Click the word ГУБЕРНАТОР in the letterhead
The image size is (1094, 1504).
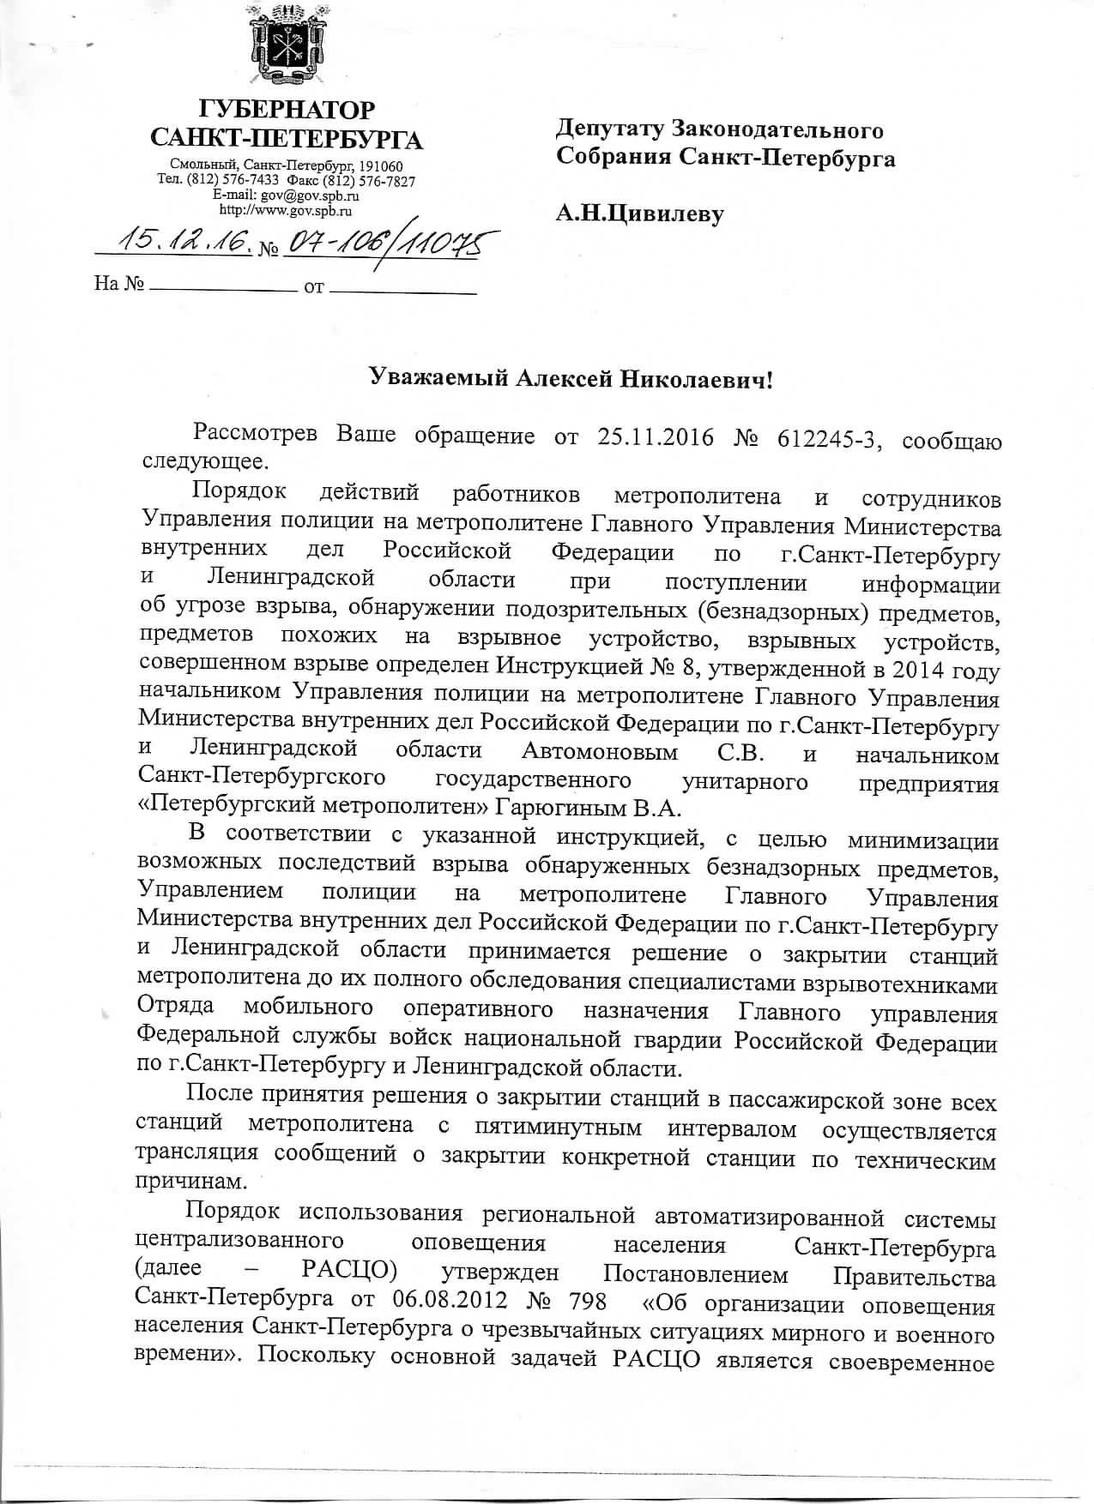pos(287,111)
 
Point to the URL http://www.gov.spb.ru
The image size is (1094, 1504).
pos(287,209)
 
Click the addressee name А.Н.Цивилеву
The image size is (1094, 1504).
pos(639,211)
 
